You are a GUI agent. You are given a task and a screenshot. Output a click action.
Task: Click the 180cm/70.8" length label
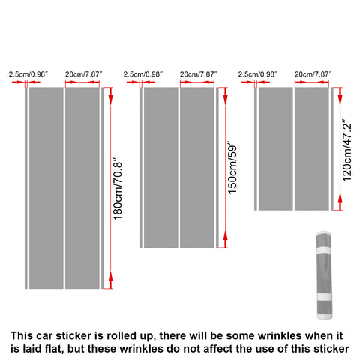click(117, 187)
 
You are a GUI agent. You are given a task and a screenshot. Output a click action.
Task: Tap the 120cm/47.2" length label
click(346, 148)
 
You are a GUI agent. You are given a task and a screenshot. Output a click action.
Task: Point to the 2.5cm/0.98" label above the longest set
click(28, 74)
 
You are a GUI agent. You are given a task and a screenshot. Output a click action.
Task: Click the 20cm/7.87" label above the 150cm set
click(199, 74)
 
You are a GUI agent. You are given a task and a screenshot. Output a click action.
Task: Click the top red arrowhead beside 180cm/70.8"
click(110, 94)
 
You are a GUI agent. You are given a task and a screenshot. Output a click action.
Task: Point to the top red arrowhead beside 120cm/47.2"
click(339, 94)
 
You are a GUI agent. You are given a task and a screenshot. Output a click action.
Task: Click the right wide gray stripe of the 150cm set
click(198, 167)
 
